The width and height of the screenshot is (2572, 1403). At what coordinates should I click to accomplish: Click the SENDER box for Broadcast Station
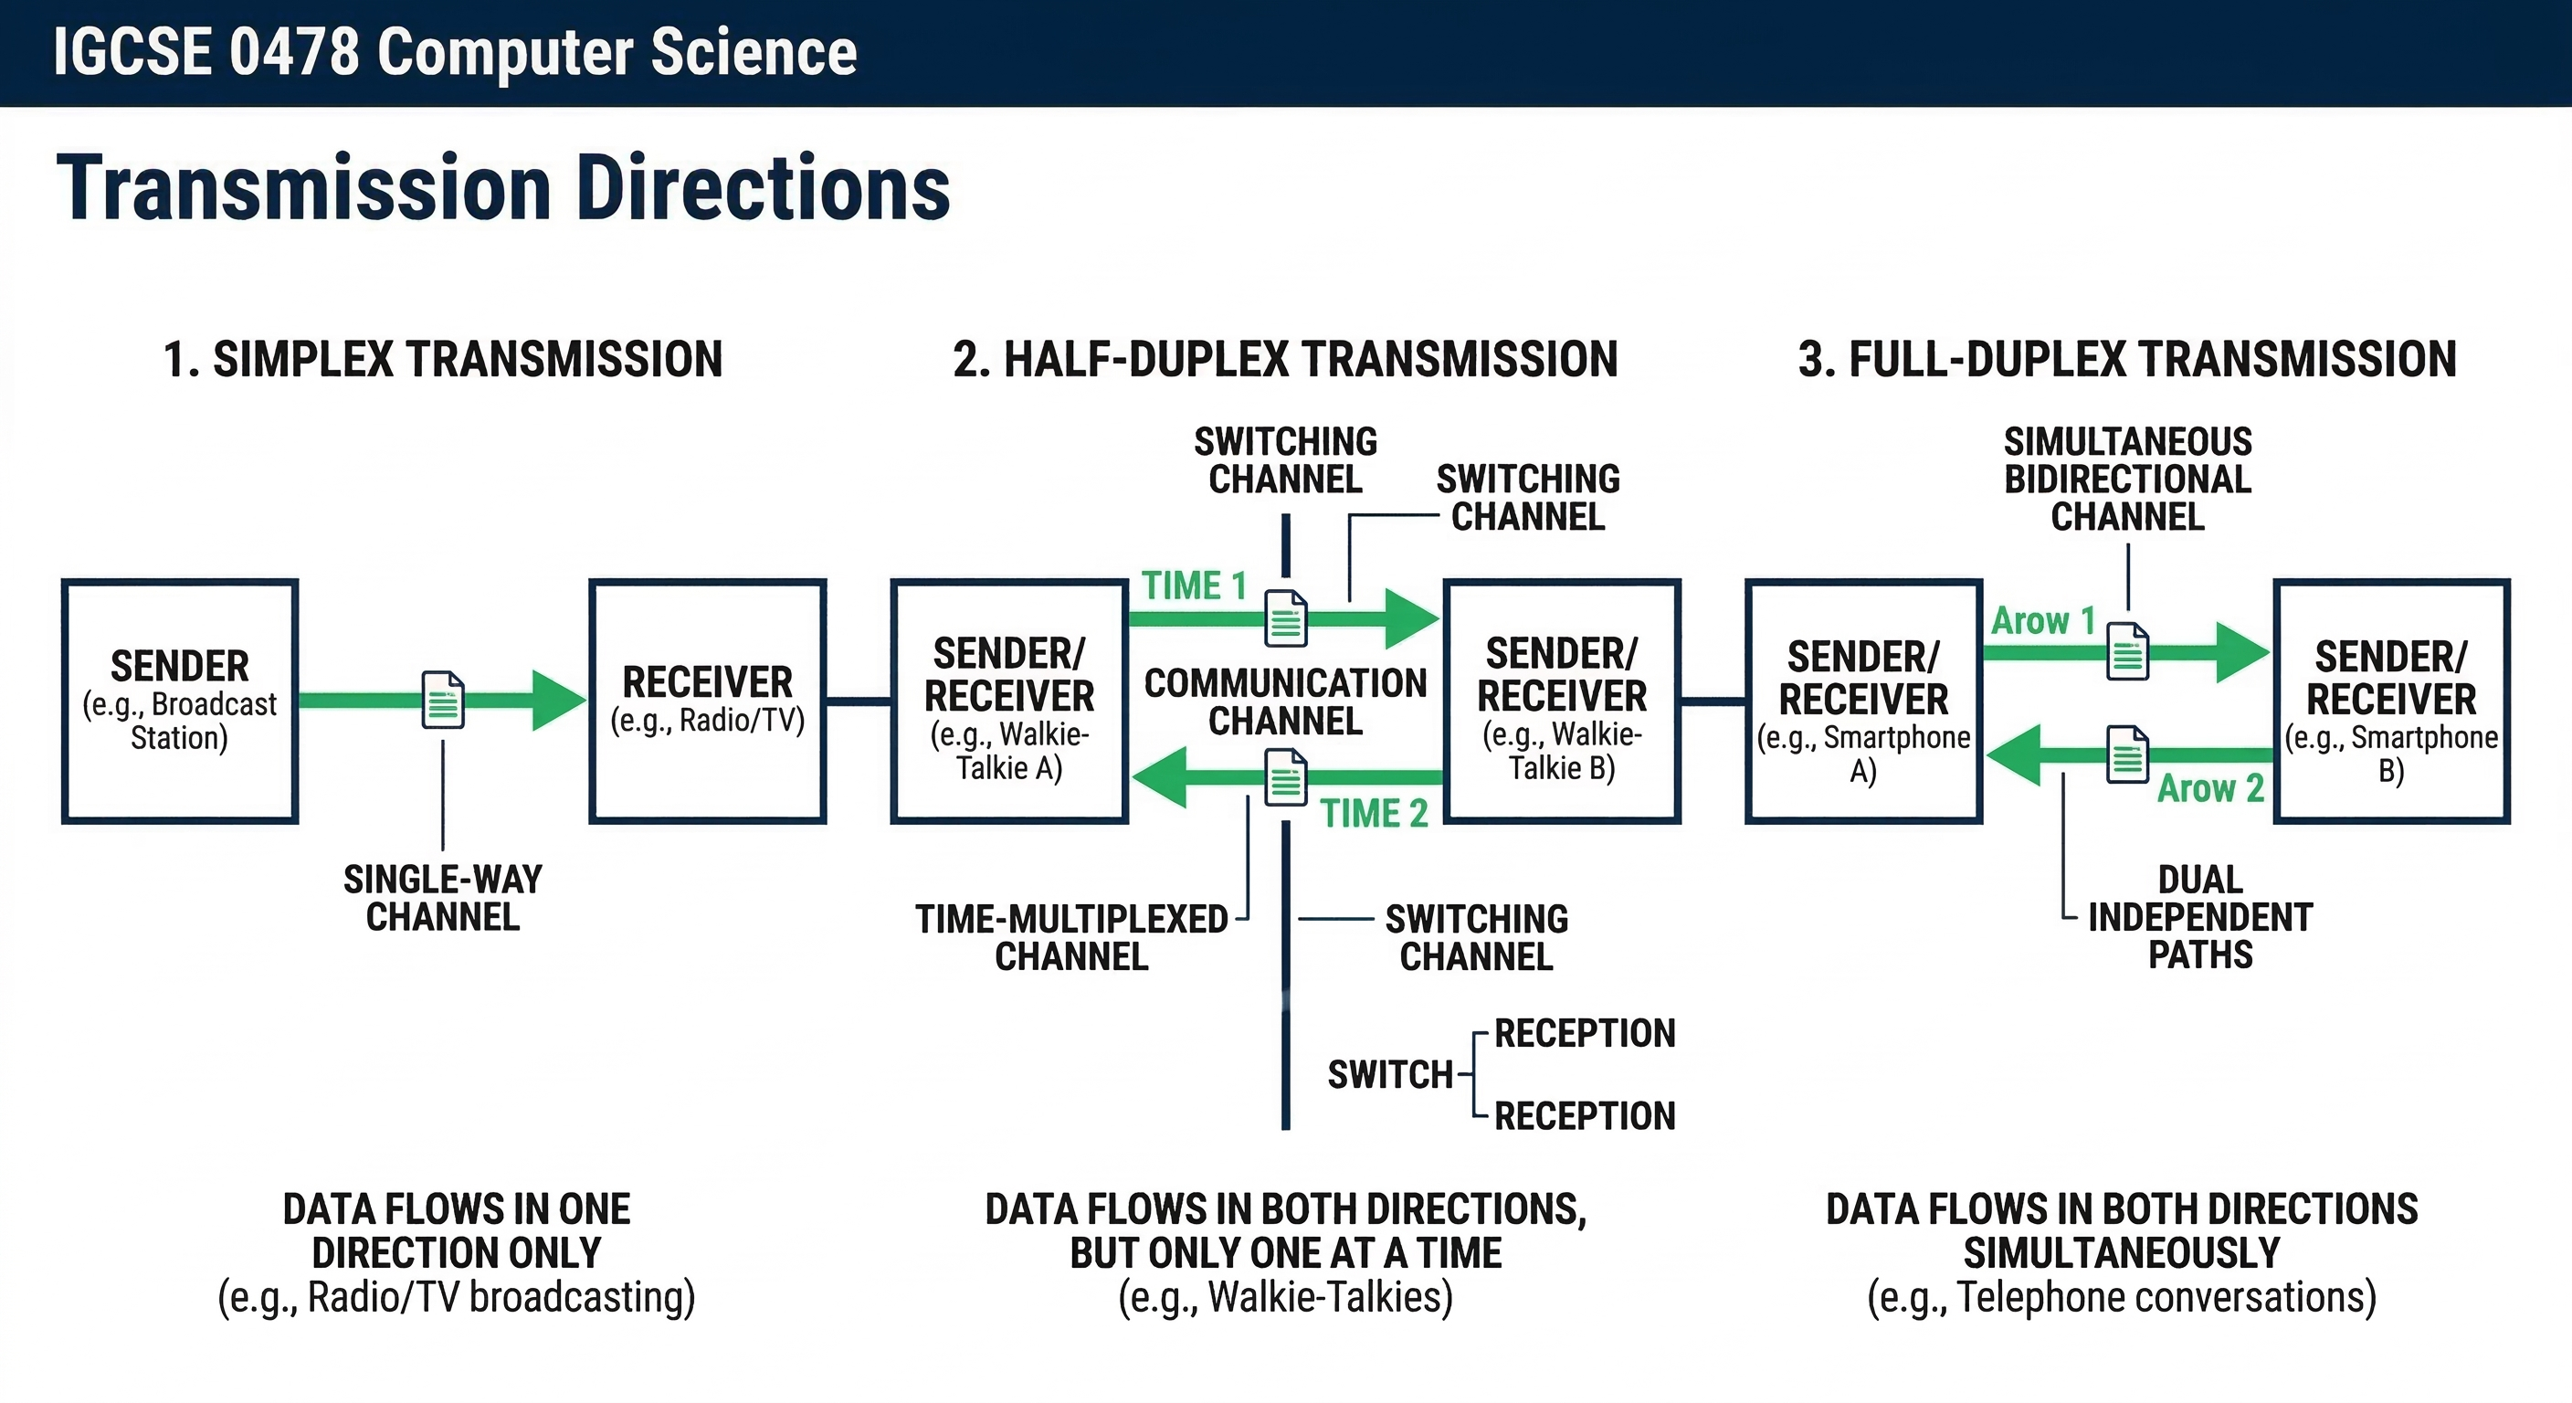click(180, 701)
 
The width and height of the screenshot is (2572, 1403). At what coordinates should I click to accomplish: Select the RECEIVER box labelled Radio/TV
click(707, 701)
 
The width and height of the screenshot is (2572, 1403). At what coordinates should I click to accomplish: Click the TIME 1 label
click(1194, 585)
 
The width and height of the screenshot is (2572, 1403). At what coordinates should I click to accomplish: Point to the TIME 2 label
click(1374, 814)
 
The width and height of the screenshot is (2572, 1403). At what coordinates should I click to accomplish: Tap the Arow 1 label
click(2043, 621)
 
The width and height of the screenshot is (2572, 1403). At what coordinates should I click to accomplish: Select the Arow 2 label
click(2210, 789)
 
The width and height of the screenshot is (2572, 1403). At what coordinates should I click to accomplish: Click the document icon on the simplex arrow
click(443, 700)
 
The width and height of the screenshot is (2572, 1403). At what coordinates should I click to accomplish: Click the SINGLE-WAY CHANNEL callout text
click(442, 898)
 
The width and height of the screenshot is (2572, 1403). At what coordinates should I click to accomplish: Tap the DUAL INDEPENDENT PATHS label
click(2199, 917)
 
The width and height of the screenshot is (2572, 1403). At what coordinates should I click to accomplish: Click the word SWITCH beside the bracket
click(1390, 1074)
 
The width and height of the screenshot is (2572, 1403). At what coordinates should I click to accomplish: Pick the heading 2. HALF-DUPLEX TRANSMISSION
click(1285, 360)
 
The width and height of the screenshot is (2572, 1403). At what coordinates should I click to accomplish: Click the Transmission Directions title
click(503, 188)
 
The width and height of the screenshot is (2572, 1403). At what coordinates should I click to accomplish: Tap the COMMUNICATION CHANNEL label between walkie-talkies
click(1285, 701)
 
